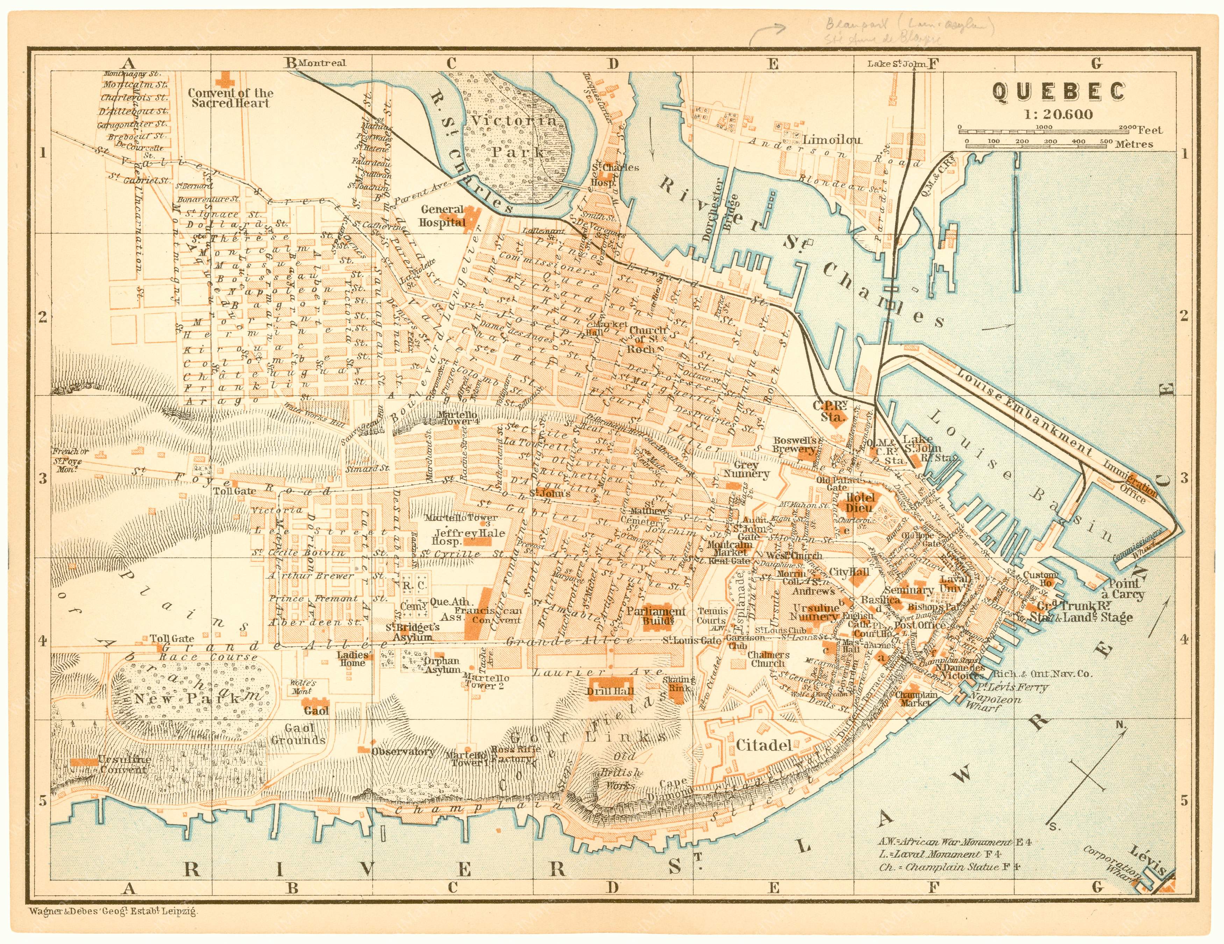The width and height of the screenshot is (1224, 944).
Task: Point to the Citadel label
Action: click(x=764, y=745)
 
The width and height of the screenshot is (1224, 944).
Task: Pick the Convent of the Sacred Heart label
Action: click(x=230, y=98)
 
